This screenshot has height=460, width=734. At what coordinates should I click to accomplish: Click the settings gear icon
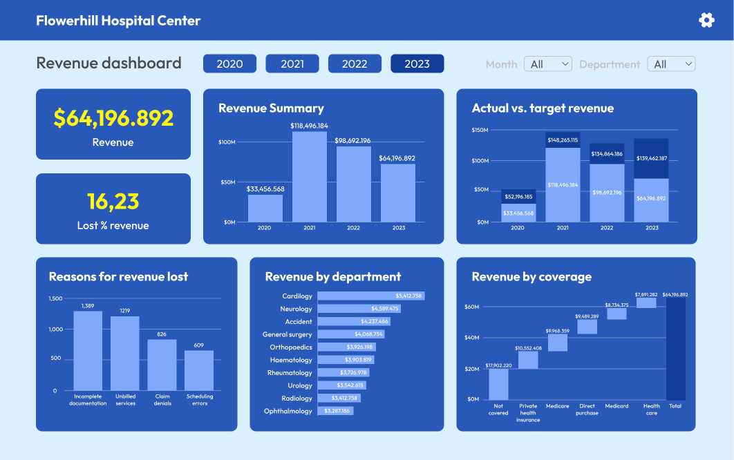click(706, 20)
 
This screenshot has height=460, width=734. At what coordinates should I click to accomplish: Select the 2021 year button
click(292, 64)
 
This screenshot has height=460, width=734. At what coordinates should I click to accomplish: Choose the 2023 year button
click(417, 64)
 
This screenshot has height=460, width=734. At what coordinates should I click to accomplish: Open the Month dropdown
click(548, 64)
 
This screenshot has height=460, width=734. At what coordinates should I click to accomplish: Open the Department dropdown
click(671, 64)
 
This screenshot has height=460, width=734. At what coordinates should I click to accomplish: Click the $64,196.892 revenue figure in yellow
click(113, 118)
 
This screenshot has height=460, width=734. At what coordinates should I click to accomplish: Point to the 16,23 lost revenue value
click(113, 201)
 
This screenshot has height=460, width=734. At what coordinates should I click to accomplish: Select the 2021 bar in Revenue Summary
click(310, 176)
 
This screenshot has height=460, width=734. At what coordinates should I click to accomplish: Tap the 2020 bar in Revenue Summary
click(265, 208)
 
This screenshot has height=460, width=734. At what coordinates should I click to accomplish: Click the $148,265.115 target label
click(563, 140)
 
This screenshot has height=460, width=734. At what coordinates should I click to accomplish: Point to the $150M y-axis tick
click(480, 130)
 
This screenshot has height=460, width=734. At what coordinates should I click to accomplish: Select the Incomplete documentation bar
click(88, 350)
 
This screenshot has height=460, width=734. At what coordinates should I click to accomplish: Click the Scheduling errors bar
click(199, 370)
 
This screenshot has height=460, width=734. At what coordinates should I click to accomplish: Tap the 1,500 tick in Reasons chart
click(55, 298)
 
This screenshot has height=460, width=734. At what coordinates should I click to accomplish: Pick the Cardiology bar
click(370, 296)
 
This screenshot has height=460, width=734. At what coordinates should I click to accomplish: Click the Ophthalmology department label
click(288, 411)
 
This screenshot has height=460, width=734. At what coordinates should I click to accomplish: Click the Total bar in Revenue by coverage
click(676, 349)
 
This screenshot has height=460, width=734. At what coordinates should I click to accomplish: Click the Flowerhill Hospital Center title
click(118, 20)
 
